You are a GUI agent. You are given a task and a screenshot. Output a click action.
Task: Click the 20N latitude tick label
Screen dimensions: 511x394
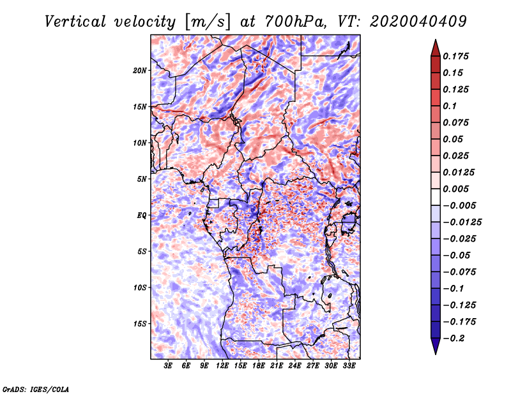coord(139,71)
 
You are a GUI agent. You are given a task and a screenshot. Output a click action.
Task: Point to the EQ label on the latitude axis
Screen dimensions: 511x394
coord(141,215)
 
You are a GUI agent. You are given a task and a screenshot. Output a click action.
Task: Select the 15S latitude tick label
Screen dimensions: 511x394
coord(140,324)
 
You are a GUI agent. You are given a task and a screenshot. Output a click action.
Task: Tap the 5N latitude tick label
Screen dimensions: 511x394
coord(142,179)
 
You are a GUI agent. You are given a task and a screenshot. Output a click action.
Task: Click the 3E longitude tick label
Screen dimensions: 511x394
coord(168,366)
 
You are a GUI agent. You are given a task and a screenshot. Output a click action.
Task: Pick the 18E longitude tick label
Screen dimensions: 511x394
coord(259,366)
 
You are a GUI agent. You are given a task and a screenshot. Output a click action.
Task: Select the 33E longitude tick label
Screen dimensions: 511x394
coord(349,366)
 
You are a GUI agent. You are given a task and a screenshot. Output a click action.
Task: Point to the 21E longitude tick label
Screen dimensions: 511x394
coord(277,366)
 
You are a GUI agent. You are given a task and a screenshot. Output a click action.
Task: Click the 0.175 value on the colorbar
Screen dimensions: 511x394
coord(455,56)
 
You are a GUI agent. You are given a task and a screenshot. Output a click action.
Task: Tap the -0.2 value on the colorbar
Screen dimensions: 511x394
coord(454,339)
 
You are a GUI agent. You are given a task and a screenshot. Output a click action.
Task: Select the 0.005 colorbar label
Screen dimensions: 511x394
coord(455,189)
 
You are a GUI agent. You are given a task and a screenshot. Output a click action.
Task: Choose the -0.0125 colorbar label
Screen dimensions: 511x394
coord(462,223)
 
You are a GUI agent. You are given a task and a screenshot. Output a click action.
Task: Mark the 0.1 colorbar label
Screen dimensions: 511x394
coord(450,106)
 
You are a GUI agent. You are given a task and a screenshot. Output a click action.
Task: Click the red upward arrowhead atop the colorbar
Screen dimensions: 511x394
coord(436,48)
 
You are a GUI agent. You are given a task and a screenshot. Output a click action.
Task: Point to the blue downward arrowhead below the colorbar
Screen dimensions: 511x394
coord(436,346)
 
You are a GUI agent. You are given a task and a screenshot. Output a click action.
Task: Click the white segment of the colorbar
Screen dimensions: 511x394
coord(436,197)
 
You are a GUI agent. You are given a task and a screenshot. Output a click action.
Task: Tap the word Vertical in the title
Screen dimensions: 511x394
coord(75,22)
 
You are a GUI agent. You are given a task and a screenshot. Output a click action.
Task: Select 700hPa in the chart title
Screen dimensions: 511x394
coord(295,22)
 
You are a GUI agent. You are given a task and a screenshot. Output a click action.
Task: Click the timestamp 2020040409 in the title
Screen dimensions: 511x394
coord(418,22)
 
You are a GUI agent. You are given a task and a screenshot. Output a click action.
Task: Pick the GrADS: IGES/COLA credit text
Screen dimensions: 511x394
coord(36,390)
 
